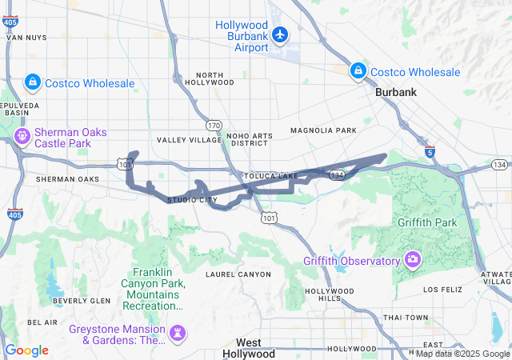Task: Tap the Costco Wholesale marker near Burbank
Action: (359, 72)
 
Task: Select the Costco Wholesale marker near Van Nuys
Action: (33, 82)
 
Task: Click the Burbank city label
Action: (396, 93)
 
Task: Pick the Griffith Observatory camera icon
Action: (413, 259)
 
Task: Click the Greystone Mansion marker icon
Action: (178, 331)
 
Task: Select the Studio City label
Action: (192, 199)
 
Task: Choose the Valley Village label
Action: (188, 140)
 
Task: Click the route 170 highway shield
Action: (214, 126)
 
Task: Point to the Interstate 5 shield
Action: (430, 150)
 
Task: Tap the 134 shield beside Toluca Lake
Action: (338, 174)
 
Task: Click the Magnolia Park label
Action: (323, 130)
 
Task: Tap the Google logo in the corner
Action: (26, 350)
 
